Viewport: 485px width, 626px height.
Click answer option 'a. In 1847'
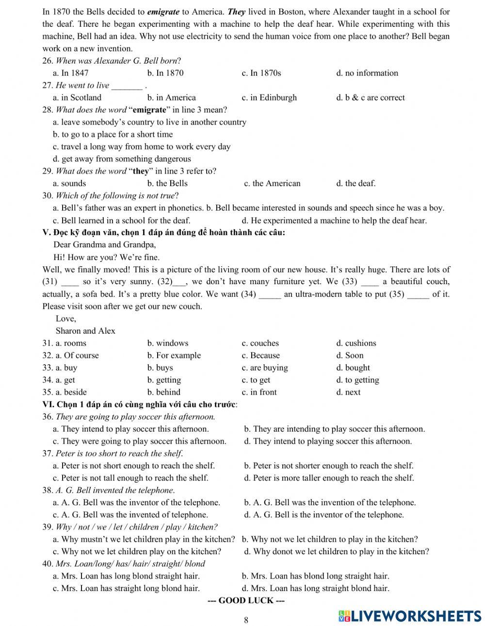(x=70, y=73)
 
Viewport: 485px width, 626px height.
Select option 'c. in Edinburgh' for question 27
(x=269, y=97)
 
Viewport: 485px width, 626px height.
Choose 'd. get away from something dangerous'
(x=122, y=159)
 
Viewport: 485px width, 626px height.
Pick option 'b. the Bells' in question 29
(x=167, y=183)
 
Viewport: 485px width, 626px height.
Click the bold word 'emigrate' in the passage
(x=163, y=12)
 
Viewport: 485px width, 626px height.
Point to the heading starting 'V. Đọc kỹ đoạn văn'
(x=163, y=232)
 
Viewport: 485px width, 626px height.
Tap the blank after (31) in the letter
(x=70, y=283)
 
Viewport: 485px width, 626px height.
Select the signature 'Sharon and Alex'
(x=85, y=331)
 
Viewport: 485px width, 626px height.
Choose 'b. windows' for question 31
(x=168, y=343)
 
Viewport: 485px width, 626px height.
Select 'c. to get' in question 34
(x=256, y=380)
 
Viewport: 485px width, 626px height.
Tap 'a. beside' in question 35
(x=71, y=392)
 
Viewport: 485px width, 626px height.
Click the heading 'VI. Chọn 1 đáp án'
(x=140, y=404)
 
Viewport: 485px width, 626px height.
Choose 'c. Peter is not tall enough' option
(x=130, y=478)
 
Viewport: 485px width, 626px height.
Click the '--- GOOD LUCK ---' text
(x=246, y=601)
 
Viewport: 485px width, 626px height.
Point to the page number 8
(x=246, y=620)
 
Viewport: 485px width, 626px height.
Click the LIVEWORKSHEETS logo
(x=410, y=616)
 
